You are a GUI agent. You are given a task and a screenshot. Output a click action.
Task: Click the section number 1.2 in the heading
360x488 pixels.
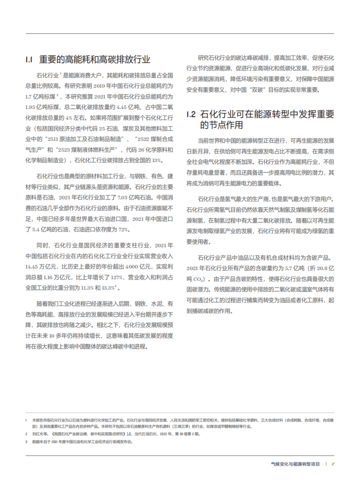pos(192,114)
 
